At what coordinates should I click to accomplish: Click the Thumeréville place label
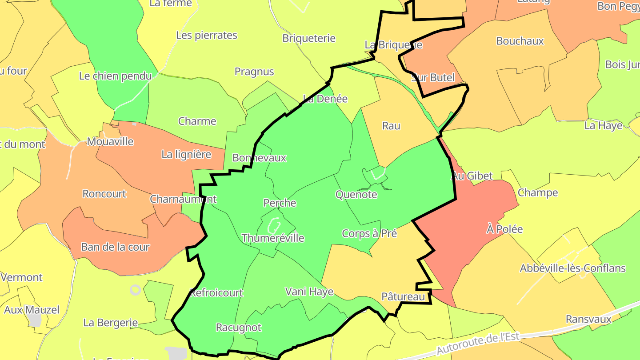273,238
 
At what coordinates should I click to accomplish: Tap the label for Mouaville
110,141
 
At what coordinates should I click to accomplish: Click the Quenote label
356,194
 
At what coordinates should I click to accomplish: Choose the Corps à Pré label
369,233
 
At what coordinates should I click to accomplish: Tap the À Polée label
504,229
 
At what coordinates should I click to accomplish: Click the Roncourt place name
104,194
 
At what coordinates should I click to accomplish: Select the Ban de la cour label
115,247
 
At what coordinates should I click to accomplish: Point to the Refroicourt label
216,292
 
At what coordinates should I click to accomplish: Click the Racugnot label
239,328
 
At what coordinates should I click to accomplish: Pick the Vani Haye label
309,291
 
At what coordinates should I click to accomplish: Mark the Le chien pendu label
115,76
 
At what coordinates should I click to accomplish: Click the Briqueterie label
309,38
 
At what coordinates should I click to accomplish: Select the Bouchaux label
520,41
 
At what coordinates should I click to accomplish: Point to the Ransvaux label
588,319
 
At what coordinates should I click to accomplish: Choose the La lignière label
186,154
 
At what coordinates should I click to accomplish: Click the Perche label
280,203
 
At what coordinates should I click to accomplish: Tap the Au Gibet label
472,176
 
